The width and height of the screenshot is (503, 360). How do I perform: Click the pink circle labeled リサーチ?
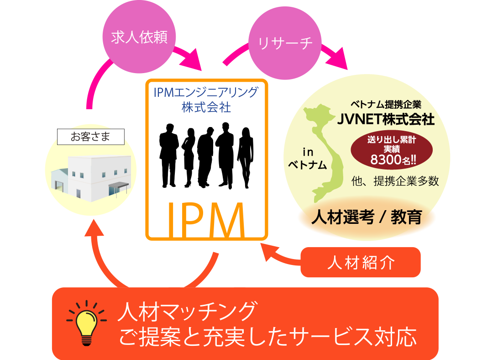tap(285, 43)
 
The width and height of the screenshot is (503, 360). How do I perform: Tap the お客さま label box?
tap(90, 136)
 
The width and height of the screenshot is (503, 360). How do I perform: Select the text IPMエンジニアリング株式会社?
tap(206, 100)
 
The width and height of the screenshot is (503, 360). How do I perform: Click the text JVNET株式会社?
tap(386, 120)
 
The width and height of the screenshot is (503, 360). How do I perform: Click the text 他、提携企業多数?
tap(395, 181)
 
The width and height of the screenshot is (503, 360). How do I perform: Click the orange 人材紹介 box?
tap(360, 263)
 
